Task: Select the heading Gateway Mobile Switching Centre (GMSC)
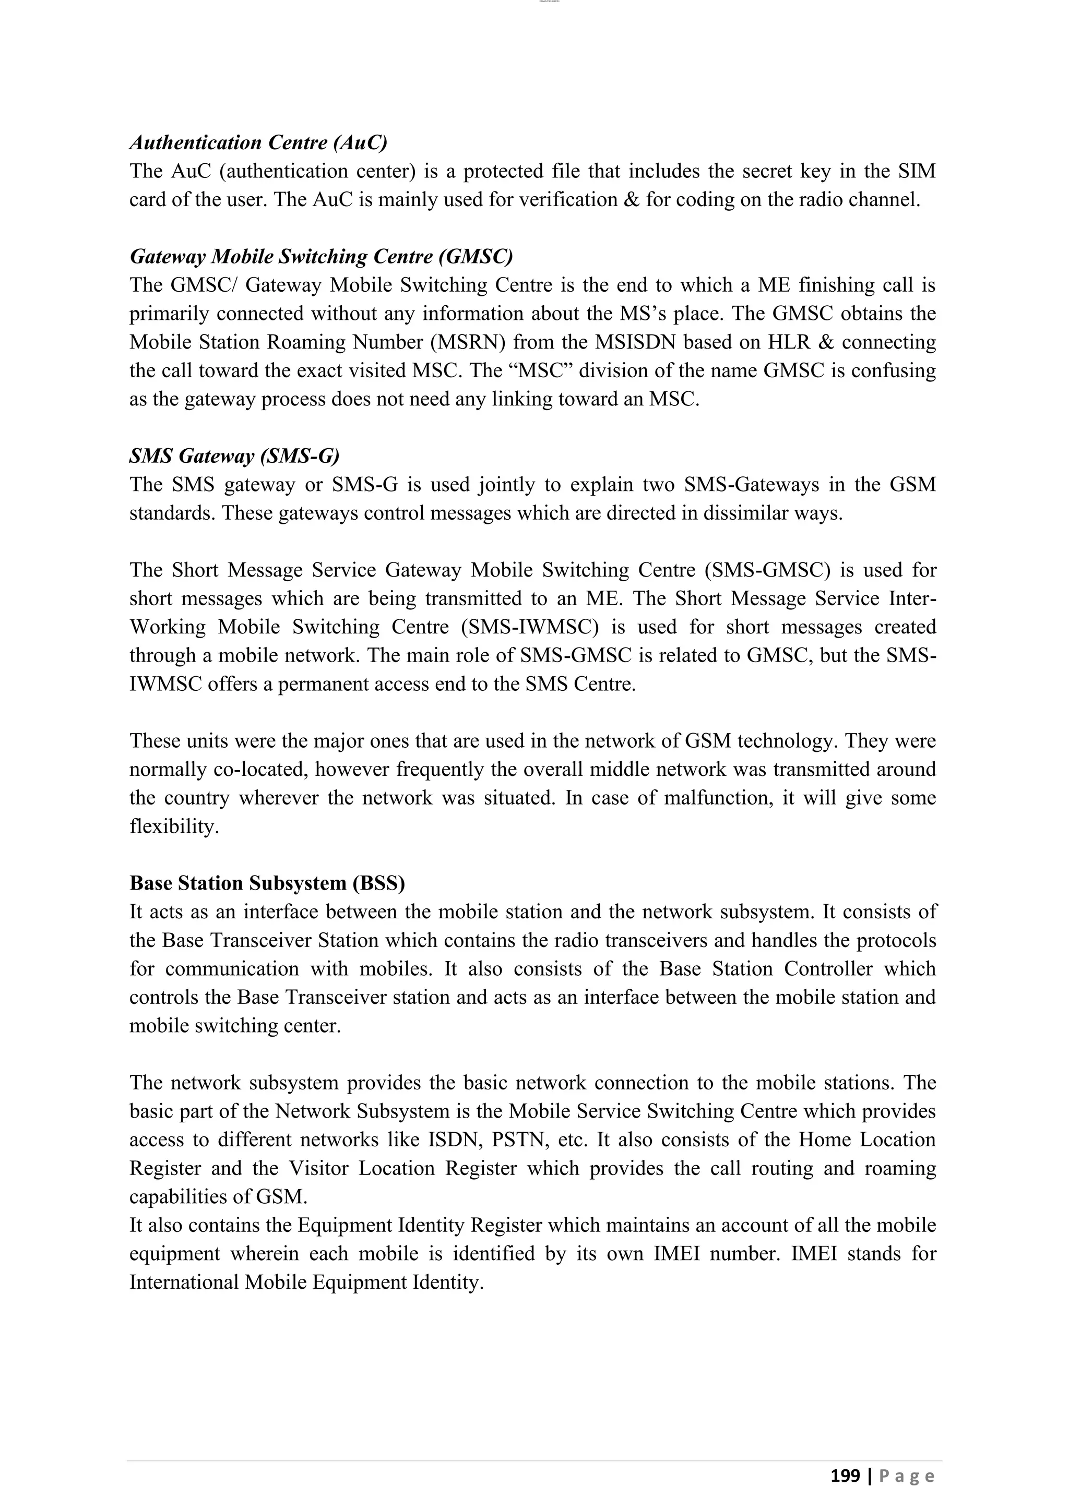click(x=320, y=256)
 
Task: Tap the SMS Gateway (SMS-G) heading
click(x=234, y=455)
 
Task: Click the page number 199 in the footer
click(x=845, y=1476)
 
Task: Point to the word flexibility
click(x=174, y=826)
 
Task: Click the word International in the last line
click(x=184, y=1282)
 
